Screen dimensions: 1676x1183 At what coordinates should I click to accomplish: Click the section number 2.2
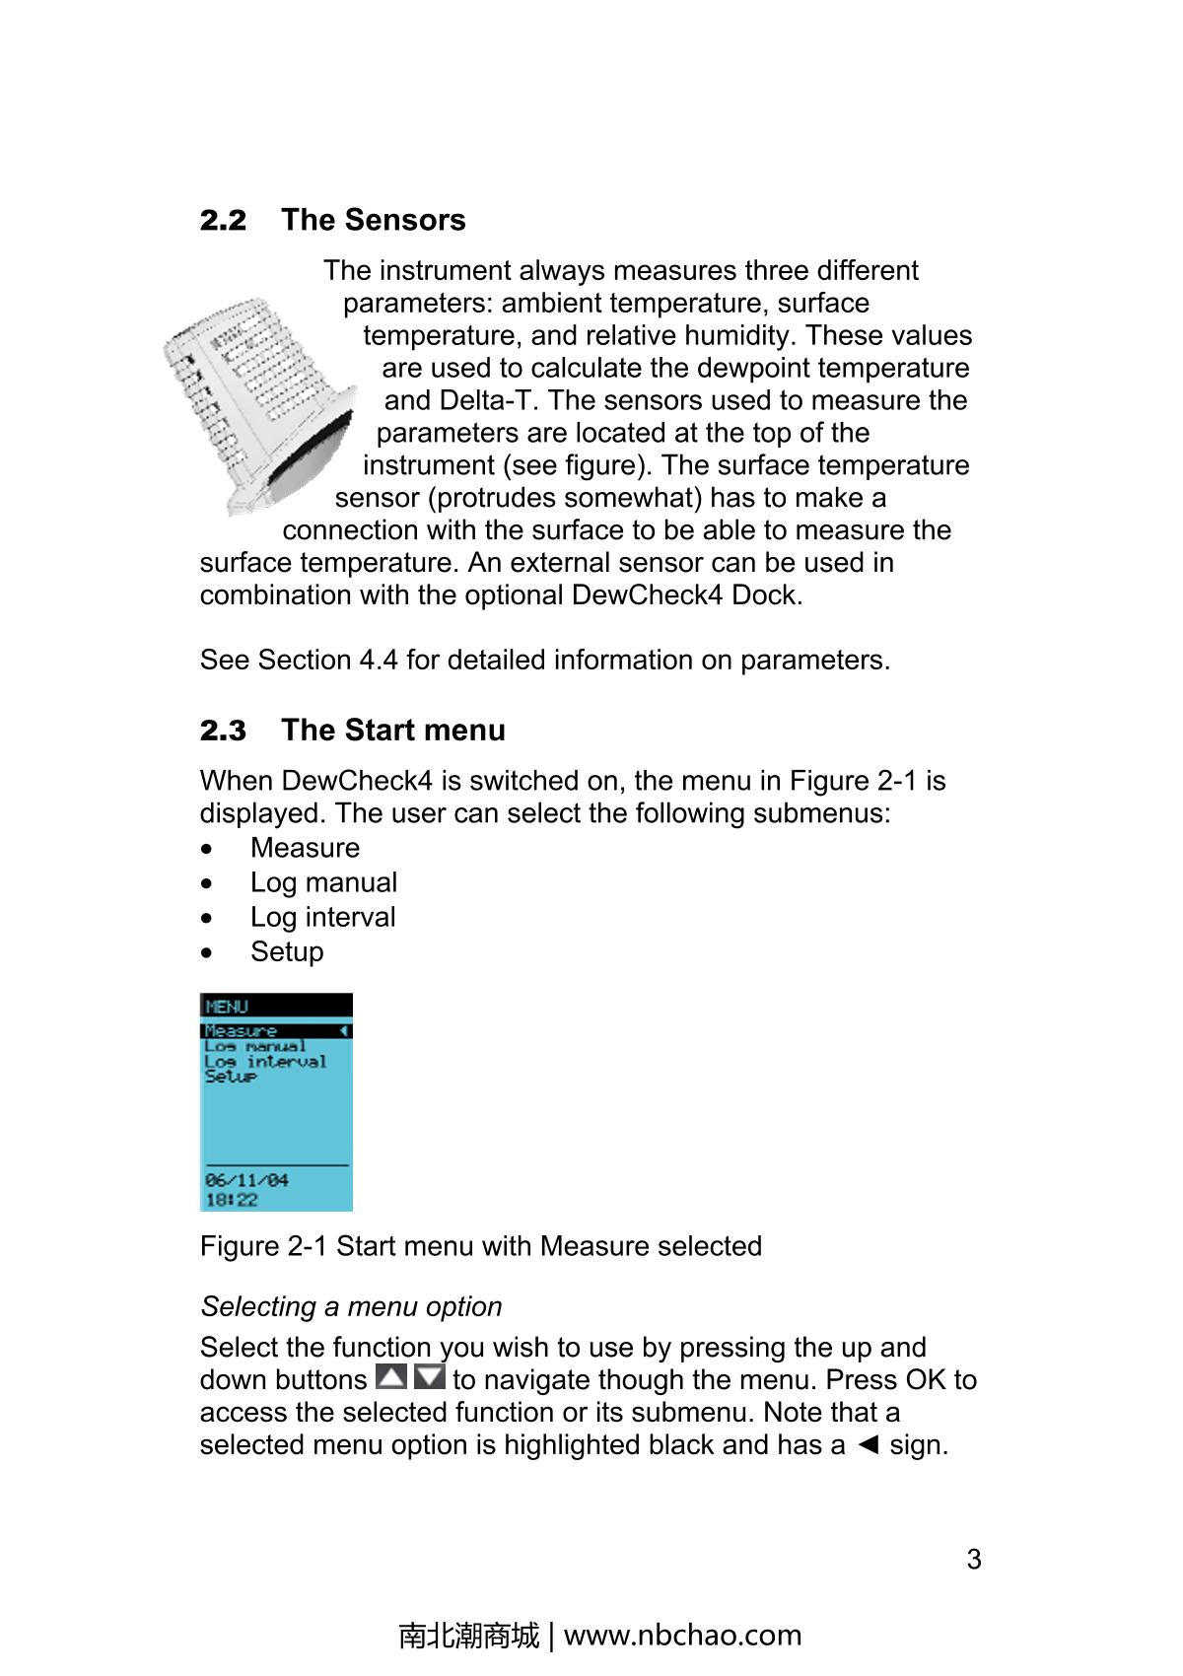pyautogui.click(x=223, y=220)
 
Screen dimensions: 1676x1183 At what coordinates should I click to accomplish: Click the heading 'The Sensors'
pyautogui.click(x=373, y=220)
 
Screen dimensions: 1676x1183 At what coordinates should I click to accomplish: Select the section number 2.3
pyautogui.click(x=223, y=731)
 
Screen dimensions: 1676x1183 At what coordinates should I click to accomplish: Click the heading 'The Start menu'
pyautogui.click(x=392, y=731)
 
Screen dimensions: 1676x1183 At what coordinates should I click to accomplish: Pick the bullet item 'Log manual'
pyautogui.click(x=323, y=882)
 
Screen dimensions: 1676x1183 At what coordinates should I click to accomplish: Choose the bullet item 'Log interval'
pyautogui.click(x=322, y=917)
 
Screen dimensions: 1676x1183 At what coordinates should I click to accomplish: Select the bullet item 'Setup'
pyautogui.click(x=287, y=951)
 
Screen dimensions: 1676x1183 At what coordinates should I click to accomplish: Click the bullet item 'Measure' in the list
pyautogui.click(x=305, y=848)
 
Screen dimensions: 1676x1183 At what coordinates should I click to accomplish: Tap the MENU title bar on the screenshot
pyautogui.click(x=276, y=1006)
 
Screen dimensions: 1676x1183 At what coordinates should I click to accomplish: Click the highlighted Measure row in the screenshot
pyautogui.click(x=275, y=1030)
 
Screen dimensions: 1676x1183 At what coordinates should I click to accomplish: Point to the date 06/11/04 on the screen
pyautogui.click(x=246, y=1180)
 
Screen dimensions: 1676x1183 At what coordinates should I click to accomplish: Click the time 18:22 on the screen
pyautogui.click(x=232, y=1199)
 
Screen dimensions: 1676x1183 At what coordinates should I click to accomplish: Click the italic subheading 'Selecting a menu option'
pyautogui.click(x=351, y=1306)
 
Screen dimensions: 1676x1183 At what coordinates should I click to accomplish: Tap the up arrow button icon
pyautogui.click(x=391, y=1377)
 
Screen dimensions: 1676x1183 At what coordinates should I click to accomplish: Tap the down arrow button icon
pyautogui.click(x=429, y=1377)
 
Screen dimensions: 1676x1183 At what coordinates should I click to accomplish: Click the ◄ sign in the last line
pyautogui.click(x=868, y=1445)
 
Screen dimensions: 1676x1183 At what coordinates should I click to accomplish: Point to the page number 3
pyautogui.click(x=974, y=1559)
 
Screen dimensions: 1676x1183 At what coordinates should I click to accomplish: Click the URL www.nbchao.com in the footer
pyautogui.click(x=682, y=1635)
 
